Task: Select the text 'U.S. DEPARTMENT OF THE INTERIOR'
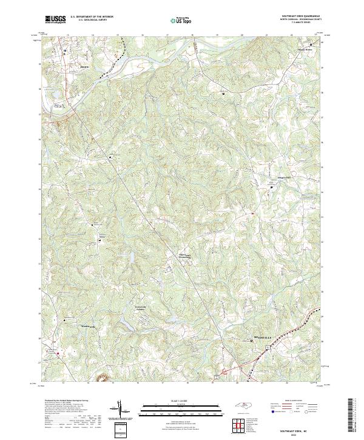coord(92,17)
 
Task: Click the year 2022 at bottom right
coord(302,435)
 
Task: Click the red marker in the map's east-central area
coord(252,213)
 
